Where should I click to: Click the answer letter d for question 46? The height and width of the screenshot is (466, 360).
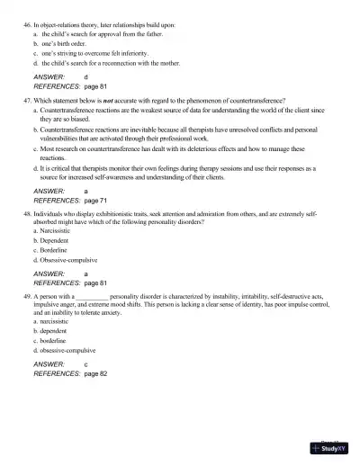pos(85,77)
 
